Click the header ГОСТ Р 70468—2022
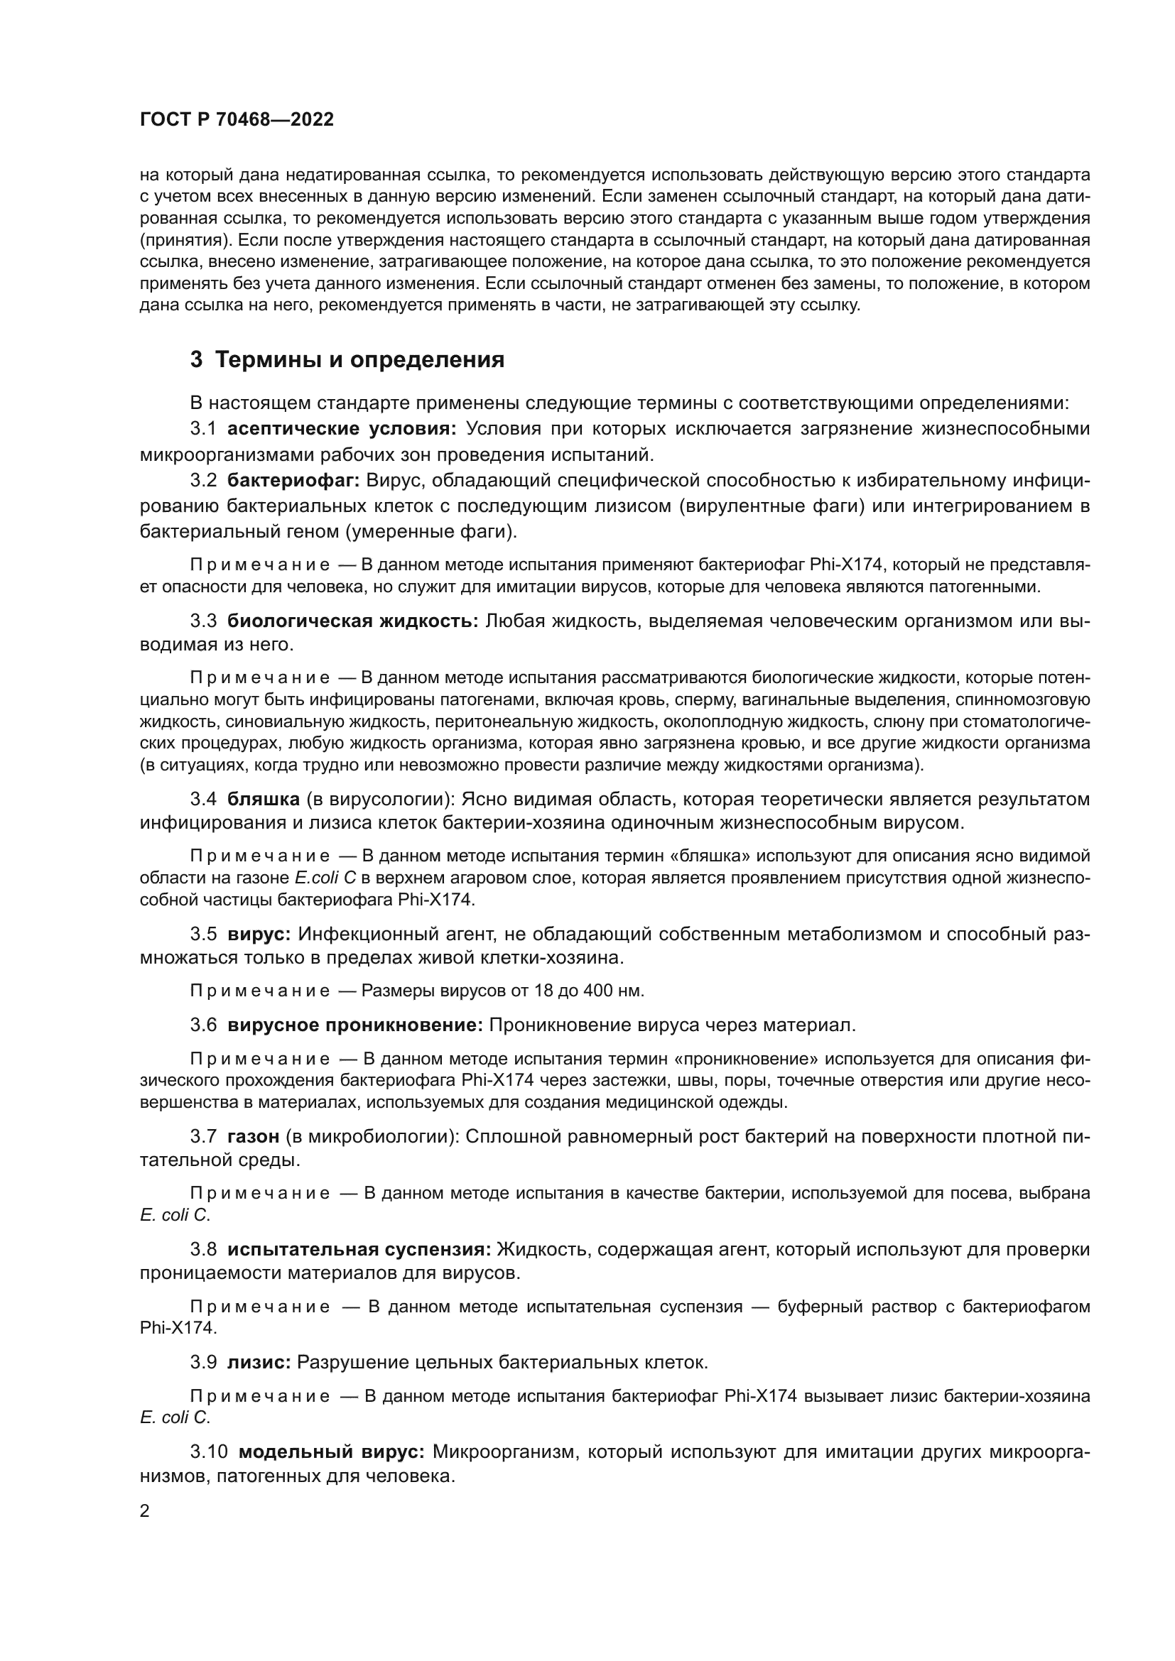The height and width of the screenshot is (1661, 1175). click(x=237, y=120)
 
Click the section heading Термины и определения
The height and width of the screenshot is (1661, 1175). click(x=359, y=360)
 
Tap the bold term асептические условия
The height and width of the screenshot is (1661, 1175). click(x=342, y=429)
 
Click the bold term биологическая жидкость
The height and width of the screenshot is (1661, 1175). click(x=352, y=621)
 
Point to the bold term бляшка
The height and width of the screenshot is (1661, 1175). click(x=264, y=800)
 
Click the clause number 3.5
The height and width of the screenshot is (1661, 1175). click(x=203, y=934)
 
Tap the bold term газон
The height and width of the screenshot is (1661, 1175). click(x=253, y=1136)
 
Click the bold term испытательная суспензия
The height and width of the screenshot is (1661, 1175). click(x=359, y=1249)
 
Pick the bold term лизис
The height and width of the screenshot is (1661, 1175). click(x=259, y=1362)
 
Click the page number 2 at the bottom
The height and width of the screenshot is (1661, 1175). click(x=145, y=1511)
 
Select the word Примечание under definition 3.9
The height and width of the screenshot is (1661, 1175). click(x=260, y=1396)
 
